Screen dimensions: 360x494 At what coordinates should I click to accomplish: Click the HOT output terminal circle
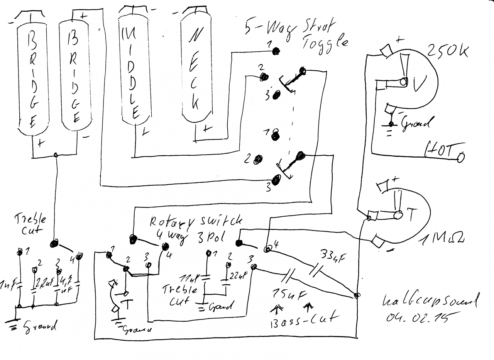(460, 158)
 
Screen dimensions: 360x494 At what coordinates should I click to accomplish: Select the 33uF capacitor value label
(332, 255)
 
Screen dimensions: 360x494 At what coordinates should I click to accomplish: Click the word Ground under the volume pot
(417, 124)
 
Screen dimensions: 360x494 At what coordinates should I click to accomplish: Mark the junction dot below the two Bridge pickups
(56, 155)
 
